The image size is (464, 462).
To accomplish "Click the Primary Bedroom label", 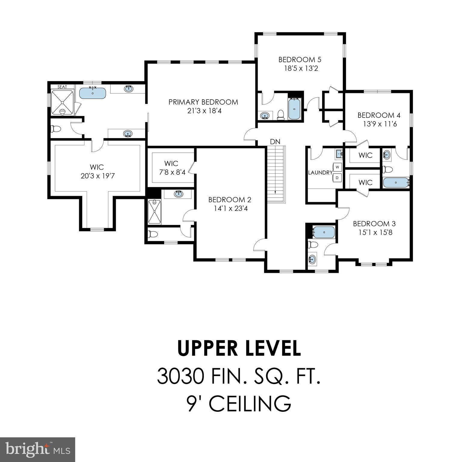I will [203, 102].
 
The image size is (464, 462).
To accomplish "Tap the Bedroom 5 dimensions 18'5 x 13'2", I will [301, 69].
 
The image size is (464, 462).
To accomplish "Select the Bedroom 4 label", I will [379, 115].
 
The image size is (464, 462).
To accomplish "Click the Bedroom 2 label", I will [229, 200].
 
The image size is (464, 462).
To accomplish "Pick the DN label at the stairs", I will [275, 142].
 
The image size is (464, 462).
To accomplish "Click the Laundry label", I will [320, 173].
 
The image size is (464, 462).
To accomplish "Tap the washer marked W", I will [337, 167].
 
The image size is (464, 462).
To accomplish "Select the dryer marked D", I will [337, 178].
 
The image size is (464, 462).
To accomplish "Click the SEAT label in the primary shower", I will [62, 87].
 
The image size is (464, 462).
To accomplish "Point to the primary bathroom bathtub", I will [93, 93].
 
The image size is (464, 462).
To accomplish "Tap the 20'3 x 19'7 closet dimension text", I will [97, 176].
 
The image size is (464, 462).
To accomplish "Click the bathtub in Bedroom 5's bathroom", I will [294, 109].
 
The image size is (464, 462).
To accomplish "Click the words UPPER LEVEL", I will [239, 348].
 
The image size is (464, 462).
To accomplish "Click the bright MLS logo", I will [38, 450].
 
